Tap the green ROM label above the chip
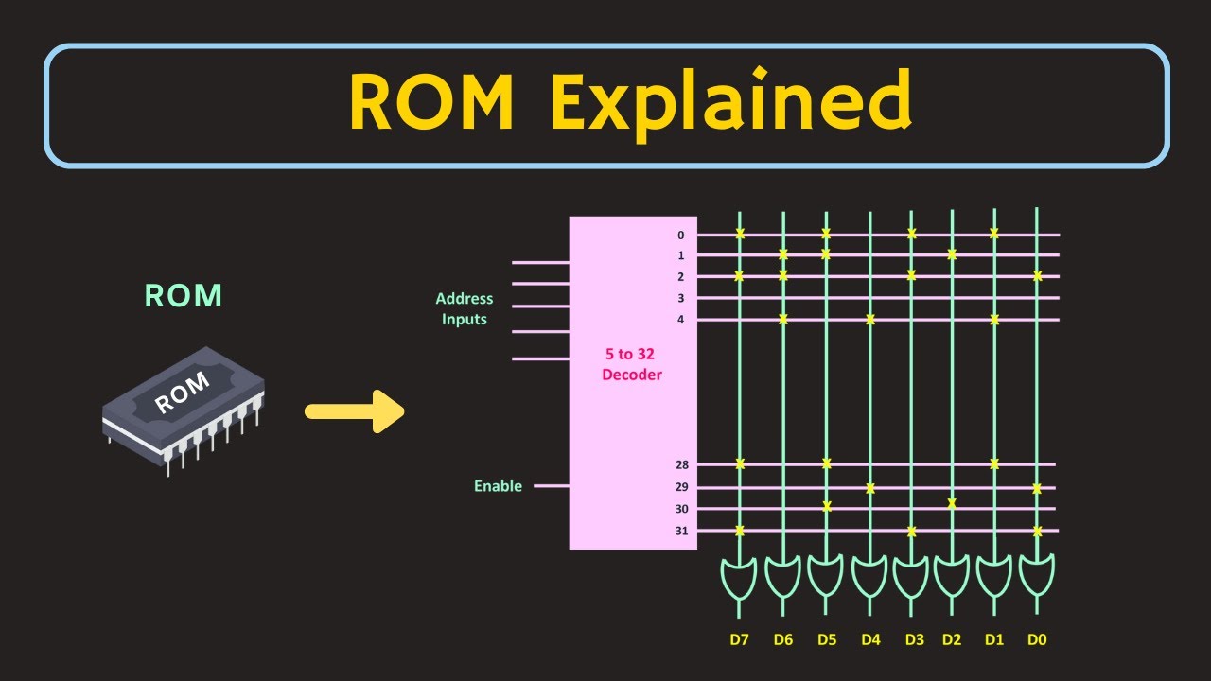pos(184,296)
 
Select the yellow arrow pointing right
pos(355,411)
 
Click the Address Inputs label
pos(465,309)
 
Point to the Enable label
pos(498,486)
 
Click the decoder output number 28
pos(681,464)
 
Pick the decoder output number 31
pos(681,531)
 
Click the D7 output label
pos(739,639)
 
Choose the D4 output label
pos(870,639)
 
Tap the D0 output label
pos(1037,639)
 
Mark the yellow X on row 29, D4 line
pos(870,488)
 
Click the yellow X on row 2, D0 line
pos(1038,276)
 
